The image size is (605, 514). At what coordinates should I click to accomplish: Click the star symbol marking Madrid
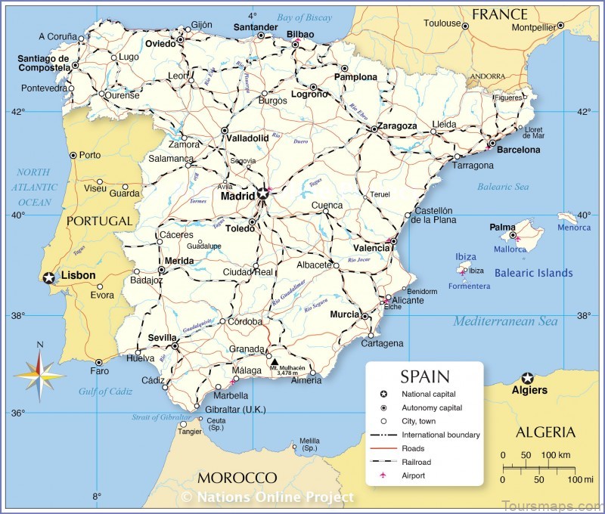coord(262,194)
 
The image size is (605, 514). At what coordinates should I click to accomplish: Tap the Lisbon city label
coord(78,276)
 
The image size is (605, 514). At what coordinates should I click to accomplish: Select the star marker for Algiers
coord(528,378)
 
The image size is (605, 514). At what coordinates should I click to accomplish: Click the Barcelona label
coord(518,150)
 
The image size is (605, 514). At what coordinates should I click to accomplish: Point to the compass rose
coord(39,370)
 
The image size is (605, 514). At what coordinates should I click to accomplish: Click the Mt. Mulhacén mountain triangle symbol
coord(274,361)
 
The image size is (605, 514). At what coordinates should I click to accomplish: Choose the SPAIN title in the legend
coord(424,376)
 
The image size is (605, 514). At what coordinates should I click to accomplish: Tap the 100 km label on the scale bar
coord(556,455)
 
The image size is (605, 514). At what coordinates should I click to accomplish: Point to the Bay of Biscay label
coord(304,17)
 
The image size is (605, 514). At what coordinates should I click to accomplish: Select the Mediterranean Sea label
coord(505,322)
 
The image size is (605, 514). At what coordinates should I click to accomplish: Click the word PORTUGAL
coord(99,221)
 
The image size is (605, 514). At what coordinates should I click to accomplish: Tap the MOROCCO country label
coord(237,478)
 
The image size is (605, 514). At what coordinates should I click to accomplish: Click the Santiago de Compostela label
coord(43,64)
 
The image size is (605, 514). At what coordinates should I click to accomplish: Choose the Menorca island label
coord(574,228)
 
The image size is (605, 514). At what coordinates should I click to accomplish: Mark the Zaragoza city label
coord(396,125)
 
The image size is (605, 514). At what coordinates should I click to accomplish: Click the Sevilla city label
coord(163,337)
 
